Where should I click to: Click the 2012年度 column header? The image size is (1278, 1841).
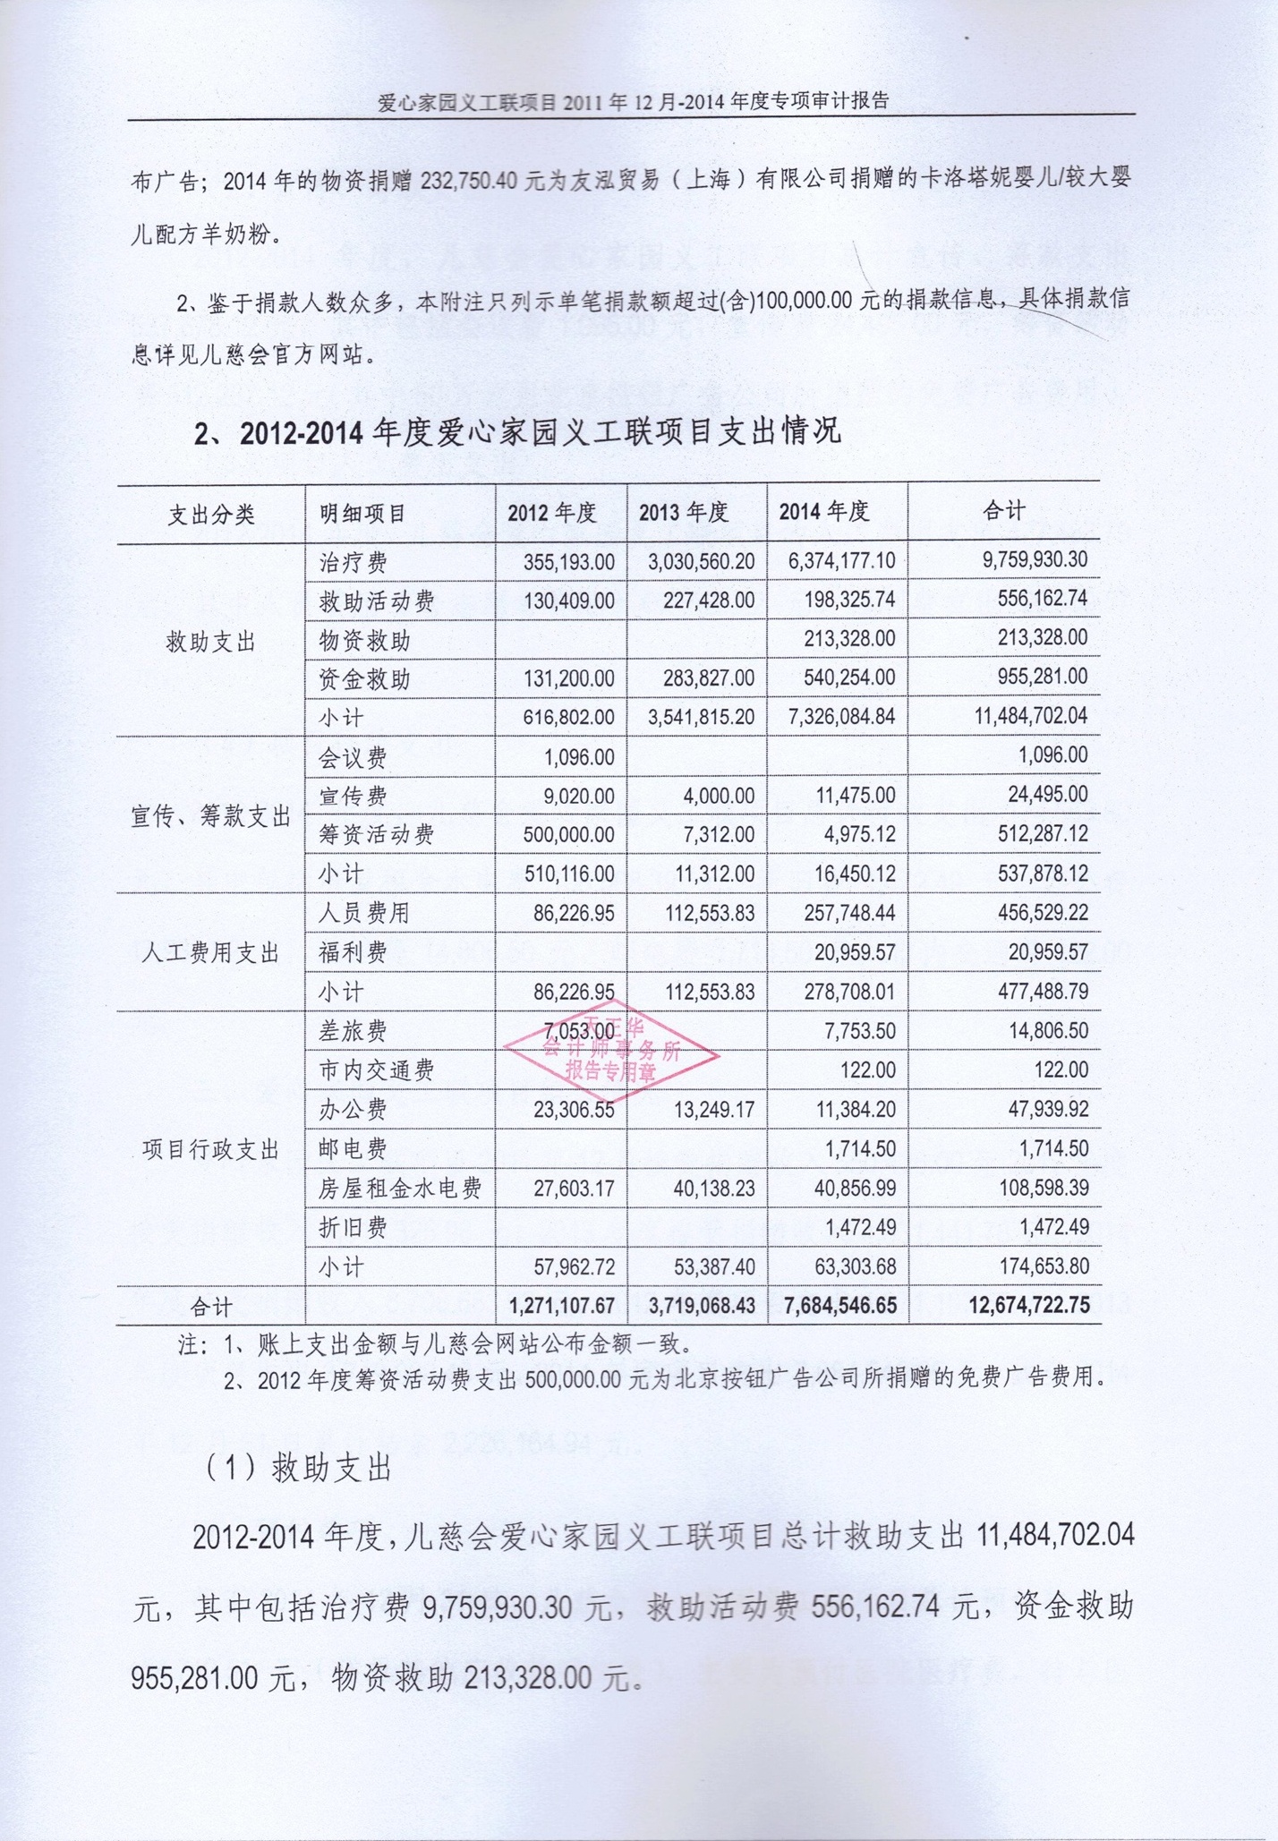point(552,513)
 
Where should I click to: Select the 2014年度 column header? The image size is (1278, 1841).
point(824,512)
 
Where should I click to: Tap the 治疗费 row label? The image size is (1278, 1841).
point(354,563)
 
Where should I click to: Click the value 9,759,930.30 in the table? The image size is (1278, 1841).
point(1035,560)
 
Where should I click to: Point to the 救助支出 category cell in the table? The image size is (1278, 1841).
point(211,642)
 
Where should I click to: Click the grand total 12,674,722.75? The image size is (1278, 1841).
point(1029,1305)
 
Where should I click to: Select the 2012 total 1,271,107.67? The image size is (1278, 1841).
point(562,1306)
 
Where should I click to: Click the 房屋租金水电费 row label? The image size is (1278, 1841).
point(401,1189)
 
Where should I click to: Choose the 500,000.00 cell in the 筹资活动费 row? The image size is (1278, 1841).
point(568,835)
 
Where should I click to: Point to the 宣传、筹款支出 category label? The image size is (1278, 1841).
point(211,816)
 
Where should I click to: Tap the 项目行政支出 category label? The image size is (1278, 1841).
point(211,1150)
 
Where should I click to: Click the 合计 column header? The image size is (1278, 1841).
point(1004,511)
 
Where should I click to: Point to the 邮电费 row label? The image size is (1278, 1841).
point(354,1149)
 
